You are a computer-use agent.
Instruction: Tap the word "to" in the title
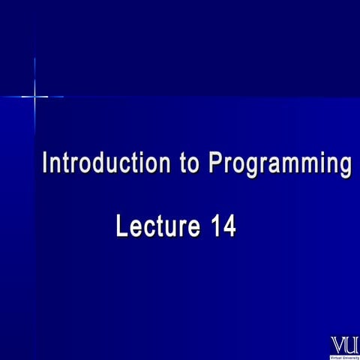click(x=190, y=163)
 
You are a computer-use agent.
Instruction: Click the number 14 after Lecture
click(x=223, y=226)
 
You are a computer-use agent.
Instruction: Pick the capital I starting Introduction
click(x=46, y=163)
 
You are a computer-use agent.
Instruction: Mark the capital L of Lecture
click(x=122, y=226)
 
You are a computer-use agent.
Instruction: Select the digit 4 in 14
click(x=229, y=226)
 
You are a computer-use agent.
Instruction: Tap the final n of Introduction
click(x=166, y=164)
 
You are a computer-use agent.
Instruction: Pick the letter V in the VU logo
click(x=338, y=344)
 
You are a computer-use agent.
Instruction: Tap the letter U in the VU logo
click(x=352, y=344)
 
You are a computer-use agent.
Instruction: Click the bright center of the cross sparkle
click(x=34, y=96)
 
